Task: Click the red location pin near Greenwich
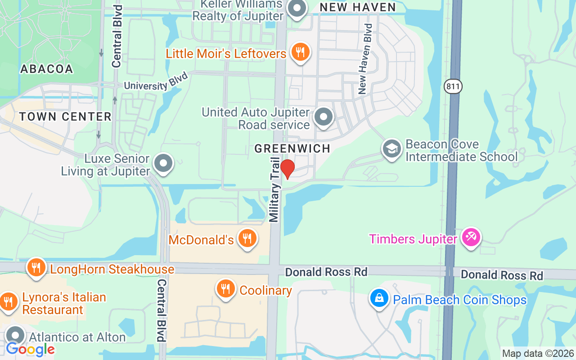(287, 169)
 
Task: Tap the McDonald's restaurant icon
(247, 238)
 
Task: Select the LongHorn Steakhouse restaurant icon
(36, 268)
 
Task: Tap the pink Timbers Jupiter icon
(471, 237)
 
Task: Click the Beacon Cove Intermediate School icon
(391, 149)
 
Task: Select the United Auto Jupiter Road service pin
(323, 117)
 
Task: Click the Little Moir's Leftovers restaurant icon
(300, 53)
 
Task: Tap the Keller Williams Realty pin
(297, 9)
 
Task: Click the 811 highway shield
(453, 86)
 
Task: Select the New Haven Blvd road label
(365, 59)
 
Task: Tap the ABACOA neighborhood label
(47, 69)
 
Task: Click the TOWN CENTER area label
(65, 117)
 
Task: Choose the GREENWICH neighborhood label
(292, 148)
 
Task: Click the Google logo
(30, 349)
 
